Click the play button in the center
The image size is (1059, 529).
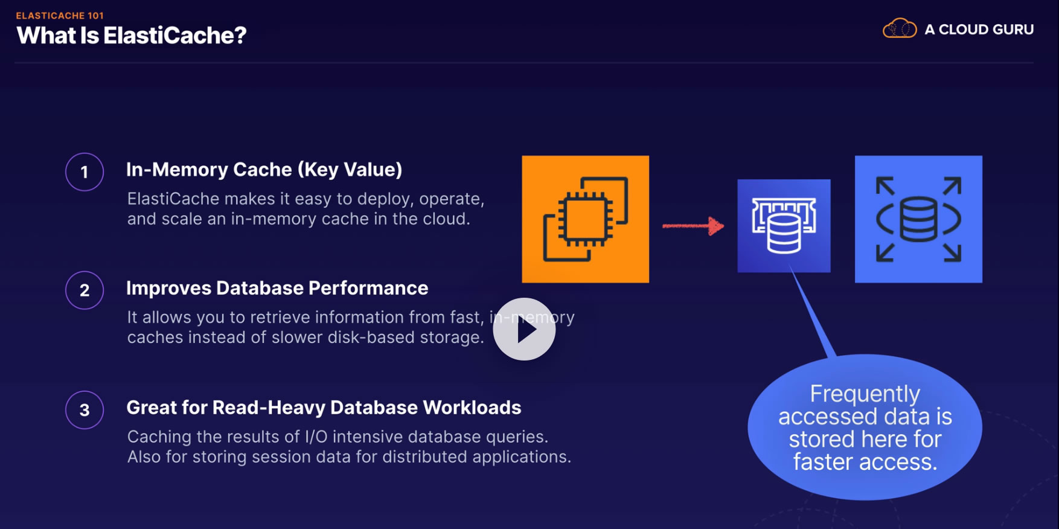524,329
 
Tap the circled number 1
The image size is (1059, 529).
85,172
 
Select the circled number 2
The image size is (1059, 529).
85,290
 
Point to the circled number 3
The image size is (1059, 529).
85,410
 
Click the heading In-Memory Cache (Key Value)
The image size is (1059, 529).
264,170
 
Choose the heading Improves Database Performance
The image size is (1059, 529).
277,288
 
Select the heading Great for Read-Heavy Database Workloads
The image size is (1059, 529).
324,408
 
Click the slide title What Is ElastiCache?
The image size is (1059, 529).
132,36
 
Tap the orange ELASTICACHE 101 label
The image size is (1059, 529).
60,16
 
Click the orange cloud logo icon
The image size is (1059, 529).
899,28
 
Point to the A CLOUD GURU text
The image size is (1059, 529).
979,30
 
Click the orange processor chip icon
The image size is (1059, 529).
585,219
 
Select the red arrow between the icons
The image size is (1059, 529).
693,226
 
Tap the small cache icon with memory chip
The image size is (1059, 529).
784,226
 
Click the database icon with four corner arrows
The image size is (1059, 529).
918,219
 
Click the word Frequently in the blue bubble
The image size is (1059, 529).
865,394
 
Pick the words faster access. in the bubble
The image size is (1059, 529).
865,462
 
